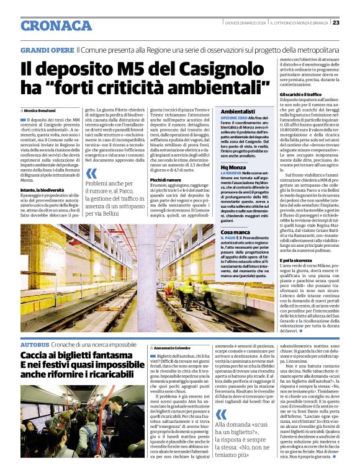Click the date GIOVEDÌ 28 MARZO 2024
point(245,22)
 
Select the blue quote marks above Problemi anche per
point(91,175)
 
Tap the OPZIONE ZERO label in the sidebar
point(234,118)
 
